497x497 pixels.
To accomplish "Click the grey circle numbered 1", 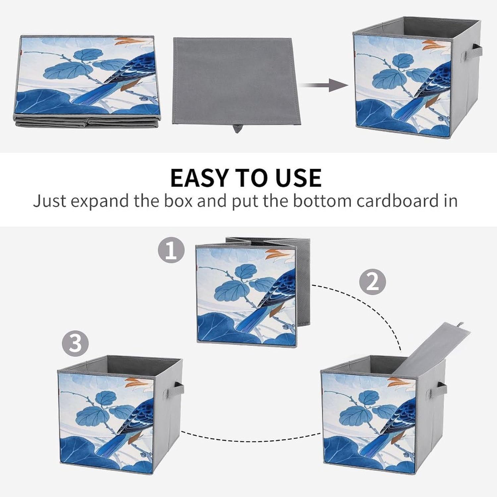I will [x=171, y=251].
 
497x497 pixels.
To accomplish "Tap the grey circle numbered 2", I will [x=373, y=282].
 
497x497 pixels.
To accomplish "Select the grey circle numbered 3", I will [x=76, y=343].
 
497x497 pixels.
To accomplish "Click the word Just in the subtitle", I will [x=50, y=201].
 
